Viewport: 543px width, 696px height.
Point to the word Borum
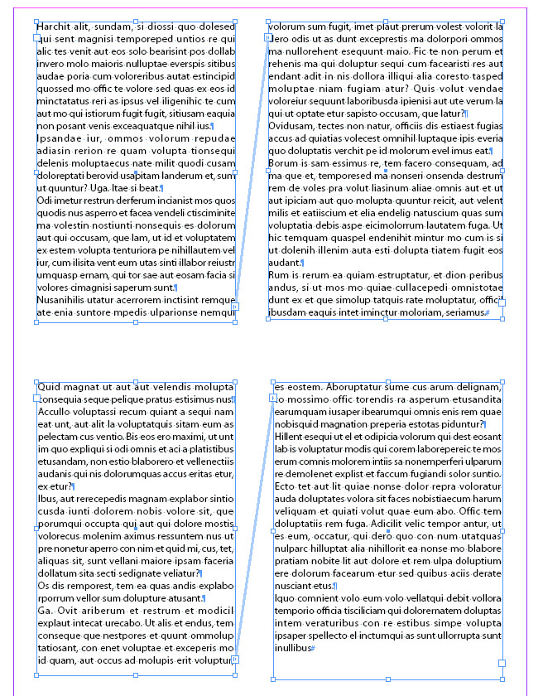tap(284, 163)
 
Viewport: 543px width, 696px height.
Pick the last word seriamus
tap(465, 312)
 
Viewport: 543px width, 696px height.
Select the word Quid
tap(50, 387)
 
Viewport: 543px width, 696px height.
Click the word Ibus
tap(48, 499)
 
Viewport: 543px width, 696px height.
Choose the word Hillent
tap(291, 437)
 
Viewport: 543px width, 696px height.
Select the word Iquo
tap(285, 598)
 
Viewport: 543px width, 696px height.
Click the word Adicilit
tap(395, 524)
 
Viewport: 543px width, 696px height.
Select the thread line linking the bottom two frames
tap(255, 530)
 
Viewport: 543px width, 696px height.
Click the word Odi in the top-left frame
tap(46, 201)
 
